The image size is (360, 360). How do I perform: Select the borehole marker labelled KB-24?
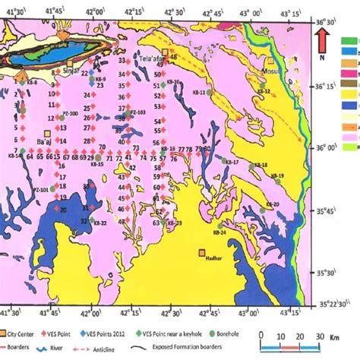tap(219, 226)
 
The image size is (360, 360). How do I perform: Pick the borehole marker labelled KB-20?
tap(262, 209)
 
